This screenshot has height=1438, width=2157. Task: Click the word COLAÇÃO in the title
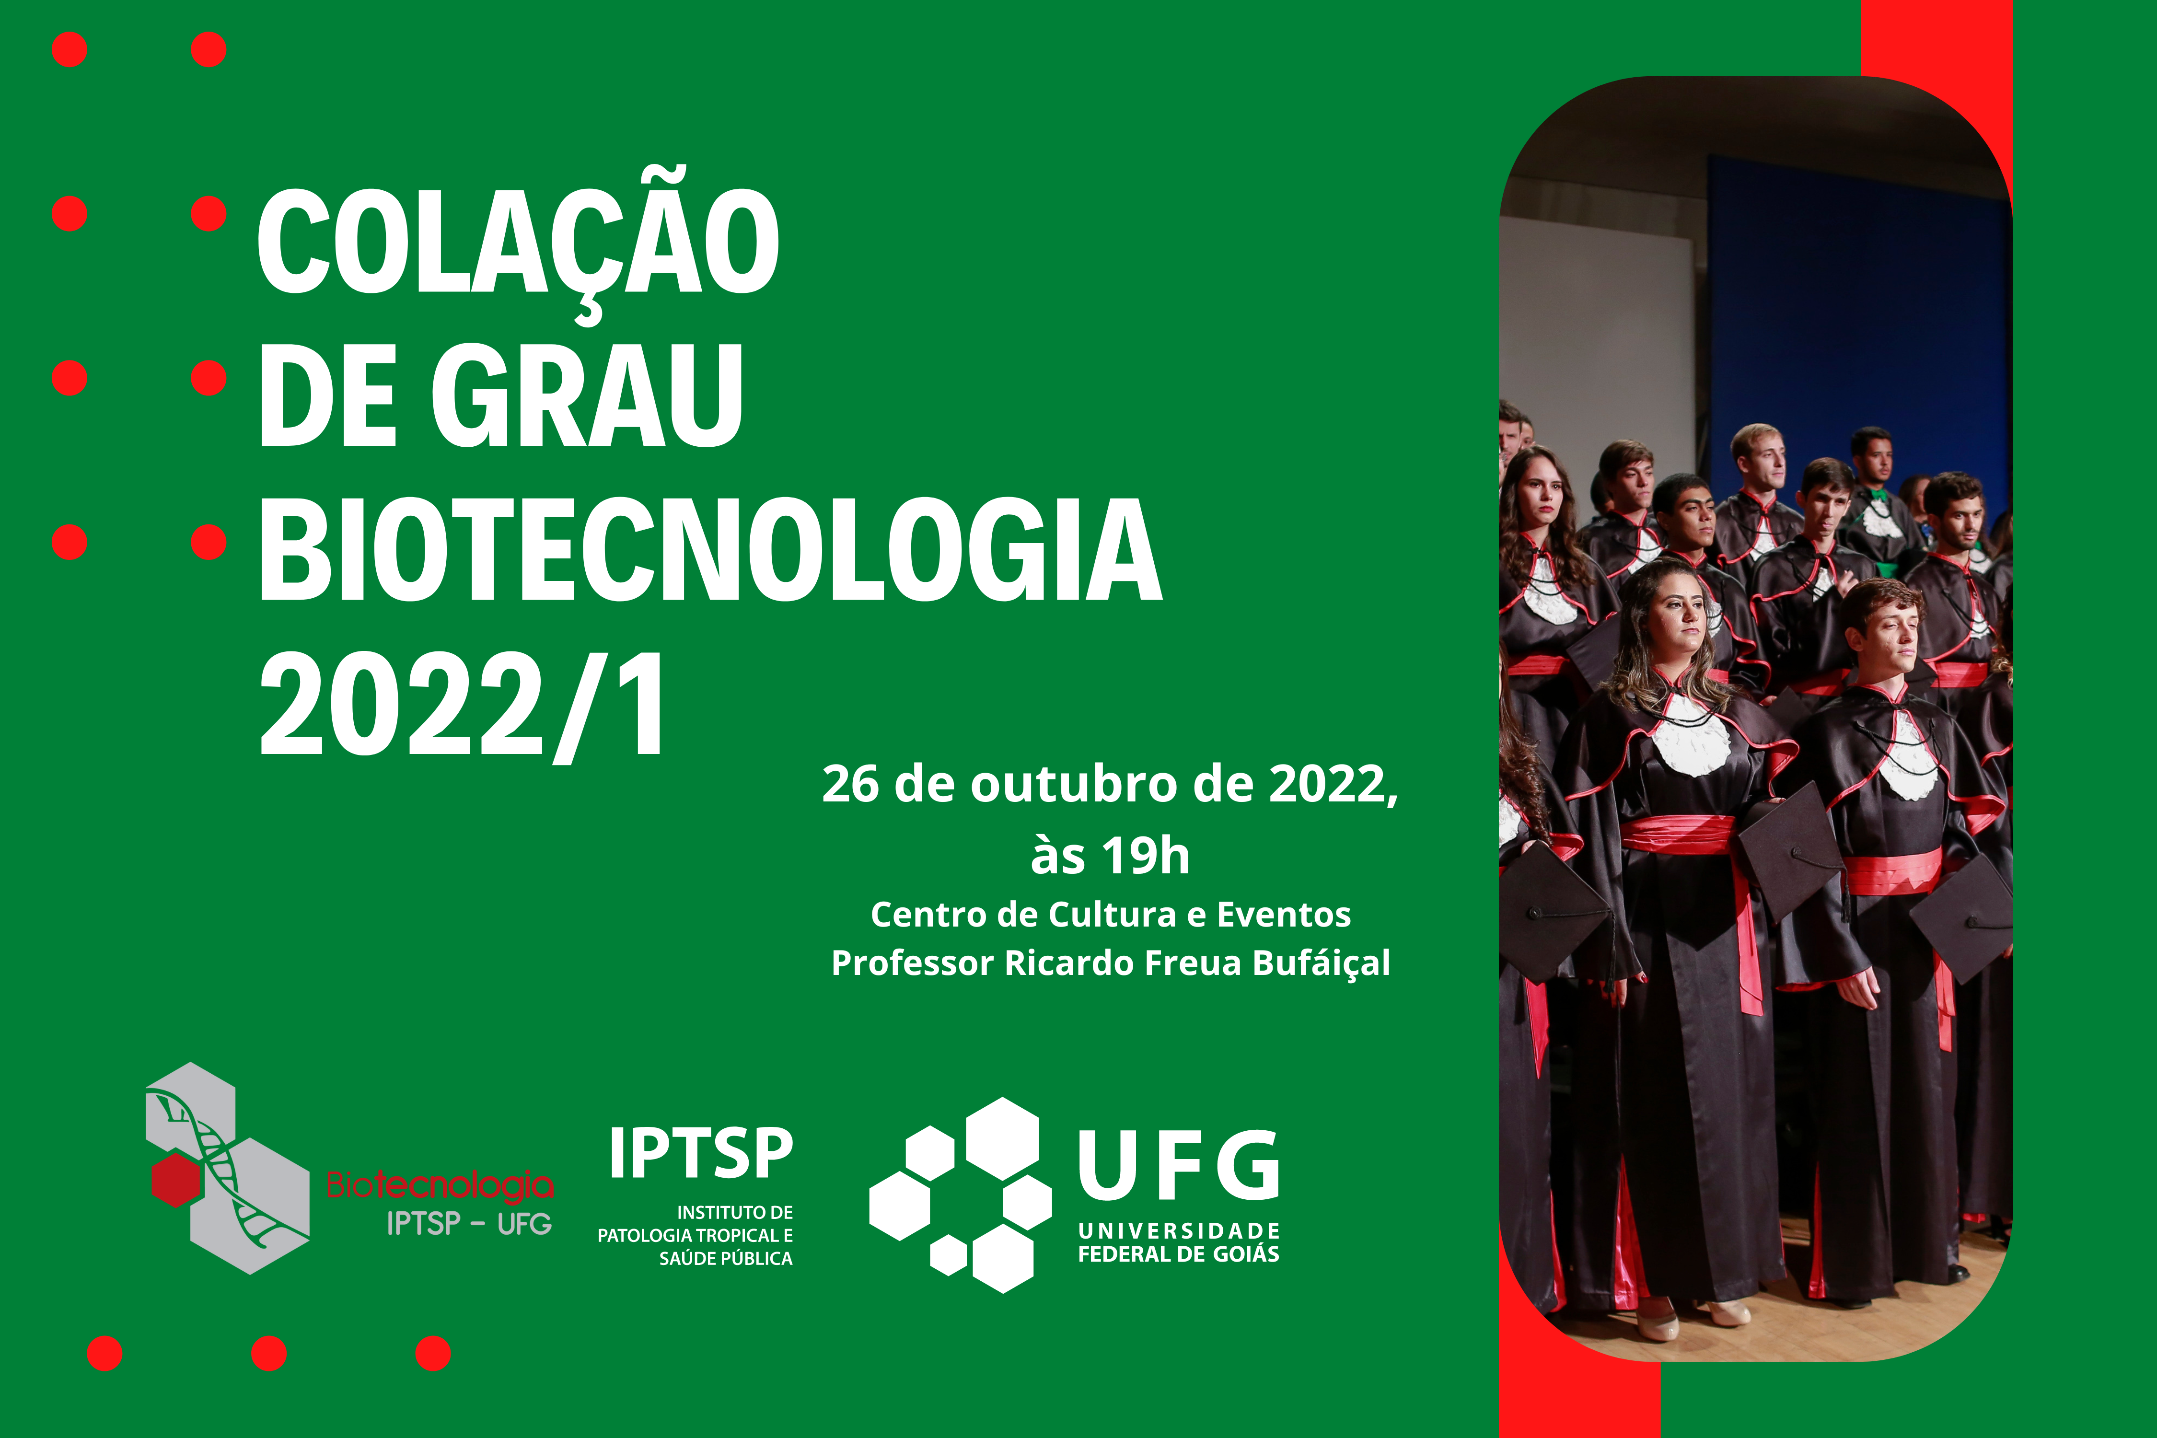point(518,243)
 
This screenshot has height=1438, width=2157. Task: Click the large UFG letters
point(1179,1165)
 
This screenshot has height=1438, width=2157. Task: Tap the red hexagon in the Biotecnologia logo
point(176,1179)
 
